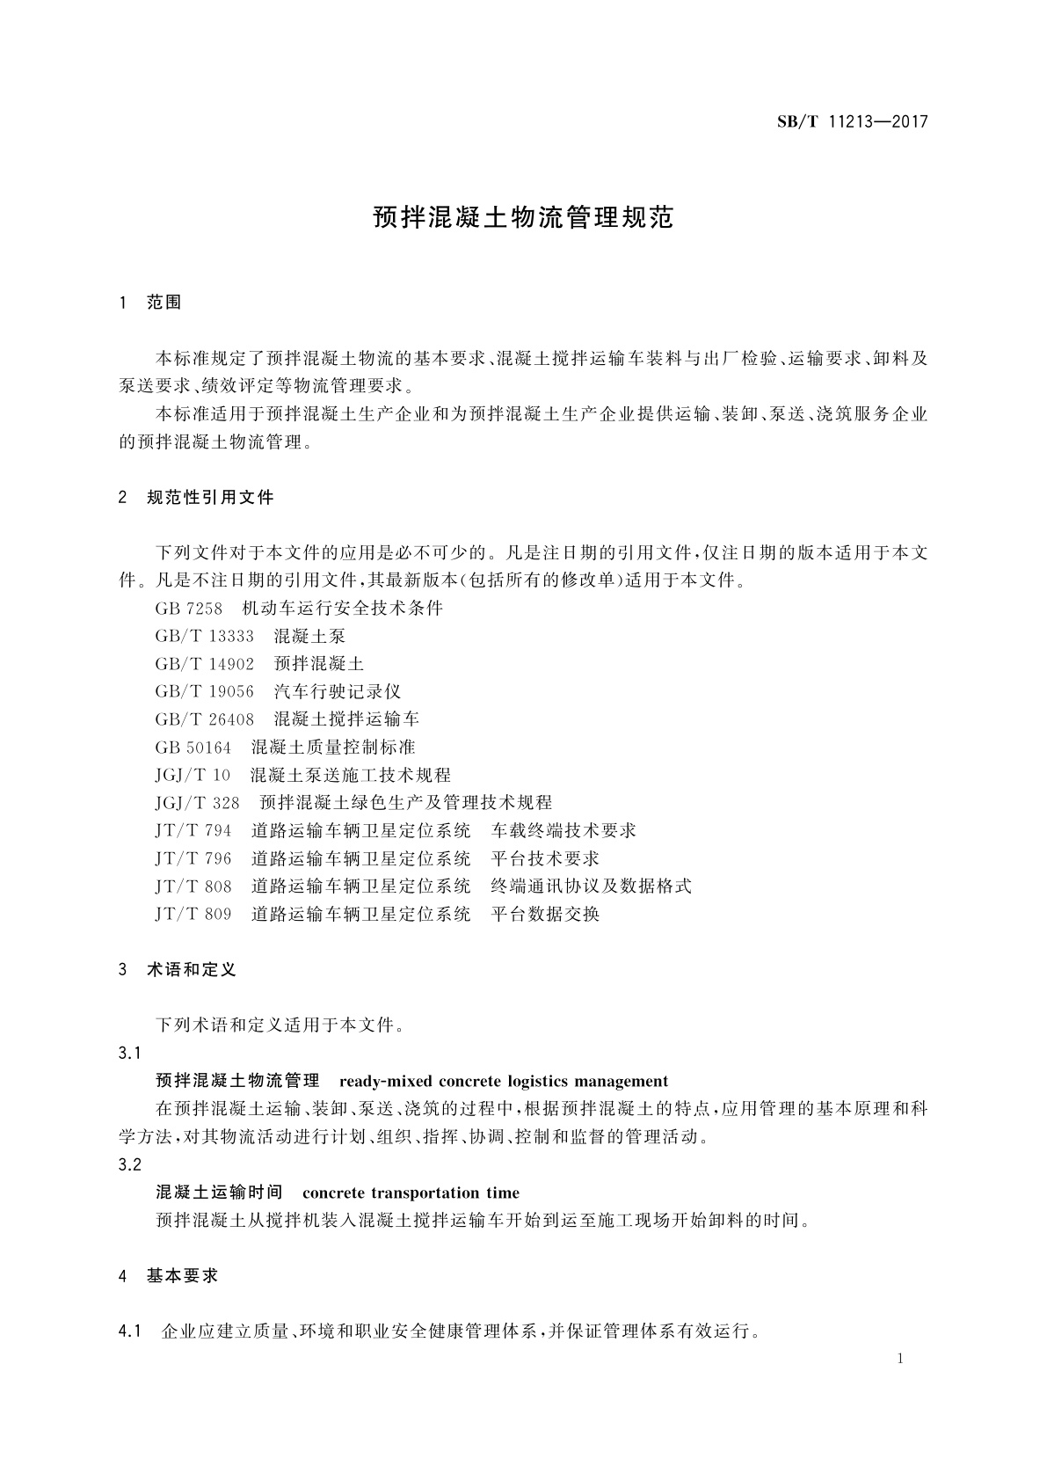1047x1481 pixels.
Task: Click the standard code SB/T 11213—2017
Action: tap(852, 122)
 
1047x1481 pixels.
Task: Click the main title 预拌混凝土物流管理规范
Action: tap(523, 218)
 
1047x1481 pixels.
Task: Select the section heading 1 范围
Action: tap(150, 303)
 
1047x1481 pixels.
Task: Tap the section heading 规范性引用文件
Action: tap(210, 498)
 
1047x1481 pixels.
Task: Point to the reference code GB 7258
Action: tap(188, 609)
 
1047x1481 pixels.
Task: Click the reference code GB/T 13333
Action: tap(204, 636)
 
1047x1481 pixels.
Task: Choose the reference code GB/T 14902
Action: tap(204, 664)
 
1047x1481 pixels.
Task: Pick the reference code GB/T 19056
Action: tap(204, 692)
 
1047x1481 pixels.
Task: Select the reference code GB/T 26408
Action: tap(204, 719)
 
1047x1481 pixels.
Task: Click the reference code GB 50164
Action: tap(193, 748)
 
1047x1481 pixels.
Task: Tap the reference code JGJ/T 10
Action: tap(193, 776)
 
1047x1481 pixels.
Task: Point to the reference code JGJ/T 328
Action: tap(197, 803)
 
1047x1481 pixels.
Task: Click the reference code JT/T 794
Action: tap(193, 831)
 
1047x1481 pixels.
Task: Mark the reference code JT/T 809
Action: tap(193, 915)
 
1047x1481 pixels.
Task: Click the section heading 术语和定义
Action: tap(191, 971)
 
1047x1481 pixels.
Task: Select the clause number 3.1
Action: tap(129, 1054)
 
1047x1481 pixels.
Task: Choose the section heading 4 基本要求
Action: tap(168, 1276)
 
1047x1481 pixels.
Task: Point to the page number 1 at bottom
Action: tap(901, 1360)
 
